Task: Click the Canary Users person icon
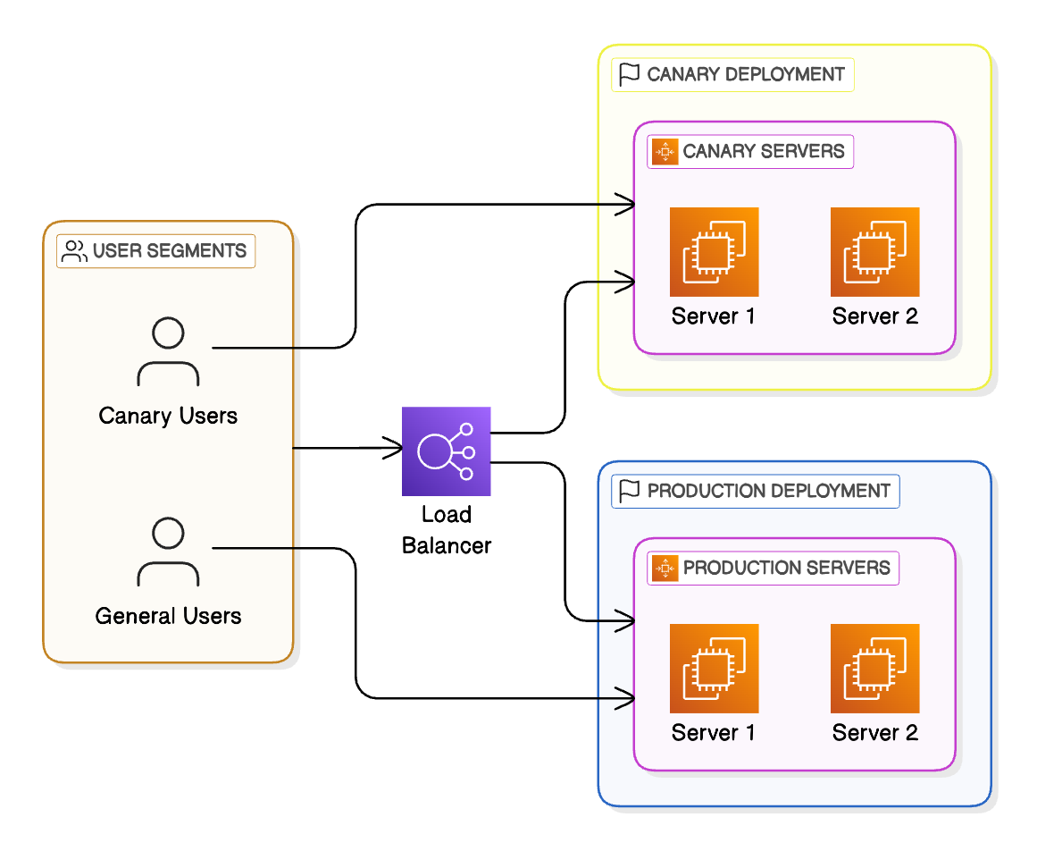(x=168, y=352)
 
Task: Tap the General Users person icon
(x=168, y=552)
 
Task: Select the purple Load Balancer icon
(x=446, y=451)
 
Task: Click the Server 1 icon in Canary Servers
(x=714, y=252)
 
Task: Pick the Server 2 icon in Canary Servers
(x=874, y=252)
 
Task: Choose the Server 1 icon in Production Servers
(x=714, y=669)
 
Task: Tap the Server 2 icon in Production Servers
(x=874, y=669)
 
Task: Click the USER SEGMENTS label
(x=170, y=251)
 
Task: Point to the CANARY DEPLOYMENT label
(x=745, y=74)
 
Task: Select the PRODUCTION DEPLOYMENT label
(x=768, y=491)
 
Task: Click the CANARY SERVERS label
(x=763, y=151)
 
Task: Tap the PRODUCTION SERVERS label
(x=786, y=568)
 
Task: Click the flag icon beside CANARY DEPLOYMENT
(x=630, y=74)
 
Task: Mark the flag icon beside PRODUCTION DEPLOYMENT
(x=630, y=491)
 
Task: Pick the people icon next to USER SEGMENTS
(x=74, y=251)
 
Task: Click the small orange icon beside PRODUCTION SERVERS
(x=665, y=568)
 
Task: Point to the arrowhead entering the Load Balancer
(x=394, y=447)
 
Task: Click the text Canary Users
(x=168, y=416)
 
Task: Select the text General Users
(x=168, y=616)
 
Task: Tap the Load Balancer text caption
(x=446, y=530)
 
